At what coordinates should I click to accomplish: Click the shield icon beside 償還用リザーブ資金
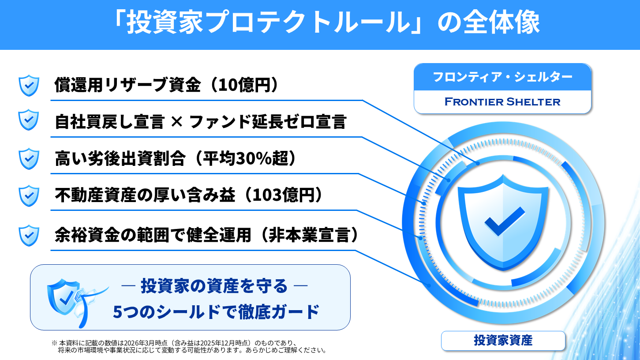[29, 86]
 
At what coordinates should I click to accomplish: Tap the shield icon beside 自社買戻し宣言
[29, 120]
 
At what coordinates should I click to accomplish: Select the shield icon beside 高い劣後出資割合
[29, 158]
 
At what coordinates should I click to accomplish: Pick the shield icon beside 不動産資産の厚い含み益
[29, 196]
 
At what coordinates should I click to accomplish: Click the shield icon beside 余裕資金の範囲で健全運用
[29, 236]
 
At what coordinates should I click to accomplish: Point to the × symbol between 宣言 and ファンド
[177, 122]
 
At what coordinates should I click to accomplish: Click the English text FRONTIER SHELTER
[502, 102]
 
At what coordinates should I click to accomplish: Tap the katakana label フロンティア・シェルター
[502, 77]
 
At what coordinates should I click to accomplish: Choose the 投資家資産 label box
[503, 341]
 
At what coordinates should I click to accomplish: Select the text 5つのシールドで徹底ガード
[216, 312]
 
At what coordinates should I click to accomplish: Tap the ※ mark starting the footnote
[54, 342]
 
